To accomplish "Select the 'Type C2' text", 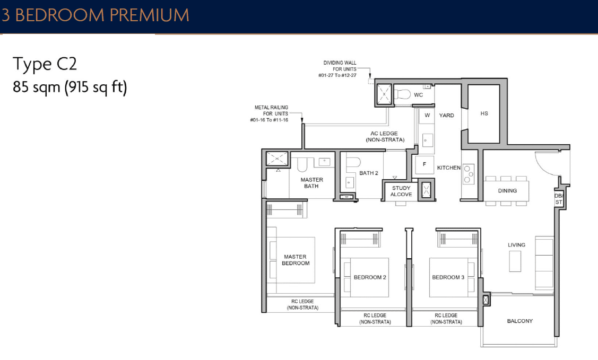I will pyautogui.click(x=45, y=64).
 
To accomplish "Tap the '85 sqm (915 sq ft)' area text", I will pyautogui.click(x=70, y=87).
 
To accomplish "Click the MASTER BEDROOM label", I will pyautogui.click(x=296, y=260).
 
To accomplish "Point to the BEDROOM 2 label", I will pyautogui.click(x=370, y=277).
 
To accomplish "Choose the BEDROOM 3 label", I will pyautogui.click(x=448, y=277).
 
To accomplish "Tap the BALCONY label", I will pyautogui.click(x=519, y=321).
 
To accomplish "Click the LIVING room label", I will pyautogui.click(x=516, y=245).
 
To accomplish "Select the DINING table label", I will pyautogui.click(x=507, y=191).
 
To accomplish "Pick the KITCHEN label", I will pyautogui.click(x=448, y=168).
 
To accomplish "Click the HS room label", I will pyautogui.click(x=483, y=113).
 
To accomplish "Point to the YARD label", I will pyautogui.click(x=447, y=115).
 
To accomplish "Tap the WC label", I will pyautogui.click(x=418, y=95).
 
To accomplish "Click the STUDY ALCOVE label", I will pyautogui.click(x=401, y=191).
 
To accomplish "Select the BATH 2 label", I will pyautogui.click(x=368, y=173).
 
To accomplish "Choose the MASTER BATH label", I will pyautogui.click(x=311, y=182).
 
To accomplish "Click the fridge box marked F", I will pyautogui.click(x=424, y=164).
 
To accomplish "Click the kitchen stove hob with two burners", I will pyautogui.click(x=469, y=173).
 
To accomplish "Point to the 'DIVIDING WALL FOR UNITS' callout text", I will pyautogui.click(x=340, y=69).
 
